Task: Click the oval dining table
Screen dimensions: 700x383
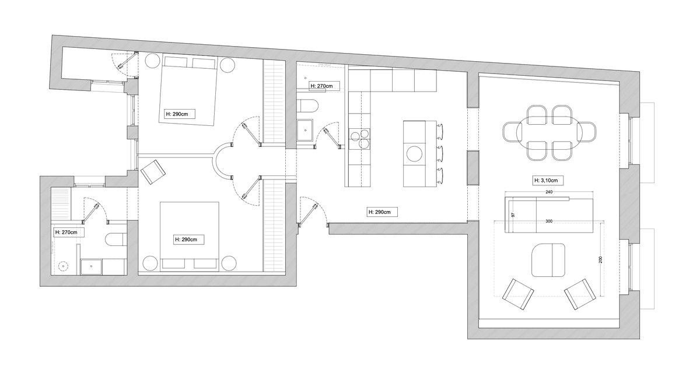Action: tap(549, 132)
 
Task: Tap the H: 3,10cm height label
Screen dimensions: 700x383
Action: tap(548, 181)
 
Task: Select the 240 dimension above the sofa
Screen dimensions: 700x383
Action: tap(549, 192)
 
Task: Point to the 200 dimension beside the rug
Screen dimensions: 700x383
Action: tap(600, 259)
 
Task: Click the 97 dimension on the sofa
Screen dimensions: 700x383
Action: tap(513, 215)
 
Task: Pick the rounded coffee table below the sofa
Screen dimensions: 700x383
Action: tap(548, 260)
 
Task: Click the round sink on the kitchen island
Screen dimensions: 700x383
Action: tap(414, 154)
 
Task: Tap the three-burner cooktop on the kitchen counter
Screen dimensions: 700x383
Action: tap(359, 139)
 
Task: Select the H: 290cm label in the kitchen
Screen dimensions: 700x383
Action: tap(382, 212)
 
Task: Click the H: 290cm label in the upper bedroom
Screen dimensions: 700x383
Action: tap(180, 114)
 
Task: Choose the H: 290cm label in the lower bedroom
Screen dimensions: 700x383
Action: tap(188, 240)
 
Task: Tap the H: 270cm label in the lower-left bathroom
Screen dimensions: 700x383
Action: tap(69, 233)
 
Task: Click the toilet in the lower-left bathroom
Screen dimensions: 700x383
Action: tap(116, 239)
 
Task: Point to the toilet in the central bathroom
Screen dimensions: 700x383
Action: tap(307, 106)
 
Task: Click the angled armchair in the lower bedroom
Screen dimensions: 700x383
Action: tap(153, 172)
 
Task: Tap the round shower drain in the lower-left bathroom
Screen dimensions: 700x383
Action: tap(63, 266)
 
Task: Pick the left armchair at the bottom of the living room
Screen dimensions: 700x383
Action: tap(518, 294)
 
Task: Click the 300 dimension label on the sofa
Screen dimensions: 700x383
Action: tap(549, 221)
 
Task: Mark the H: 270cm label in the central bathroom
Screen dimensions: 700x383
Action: tap(324, 86)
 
